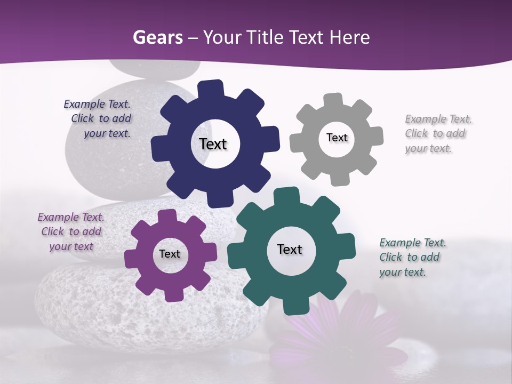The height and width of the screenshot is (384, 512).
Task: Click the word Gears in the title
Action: [157, 37]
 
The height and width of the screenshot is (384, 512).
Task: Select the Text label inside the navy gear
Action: [213, 144]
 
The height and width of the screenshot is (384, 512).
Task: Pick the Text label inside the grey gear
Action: [337, 138]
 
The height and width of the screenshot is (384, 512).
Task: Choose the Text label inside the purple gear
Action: [170, 254]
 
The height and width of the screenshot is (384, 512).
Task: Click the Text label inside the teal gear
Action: [290, 249]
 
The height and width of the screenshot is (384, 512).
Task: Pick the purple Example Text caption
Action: [71, 231]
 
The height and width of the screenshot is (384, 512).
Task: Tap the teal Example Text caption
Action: [412, 257]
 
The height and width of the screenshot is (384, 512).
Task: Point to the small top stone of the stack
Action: [155, 68]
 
